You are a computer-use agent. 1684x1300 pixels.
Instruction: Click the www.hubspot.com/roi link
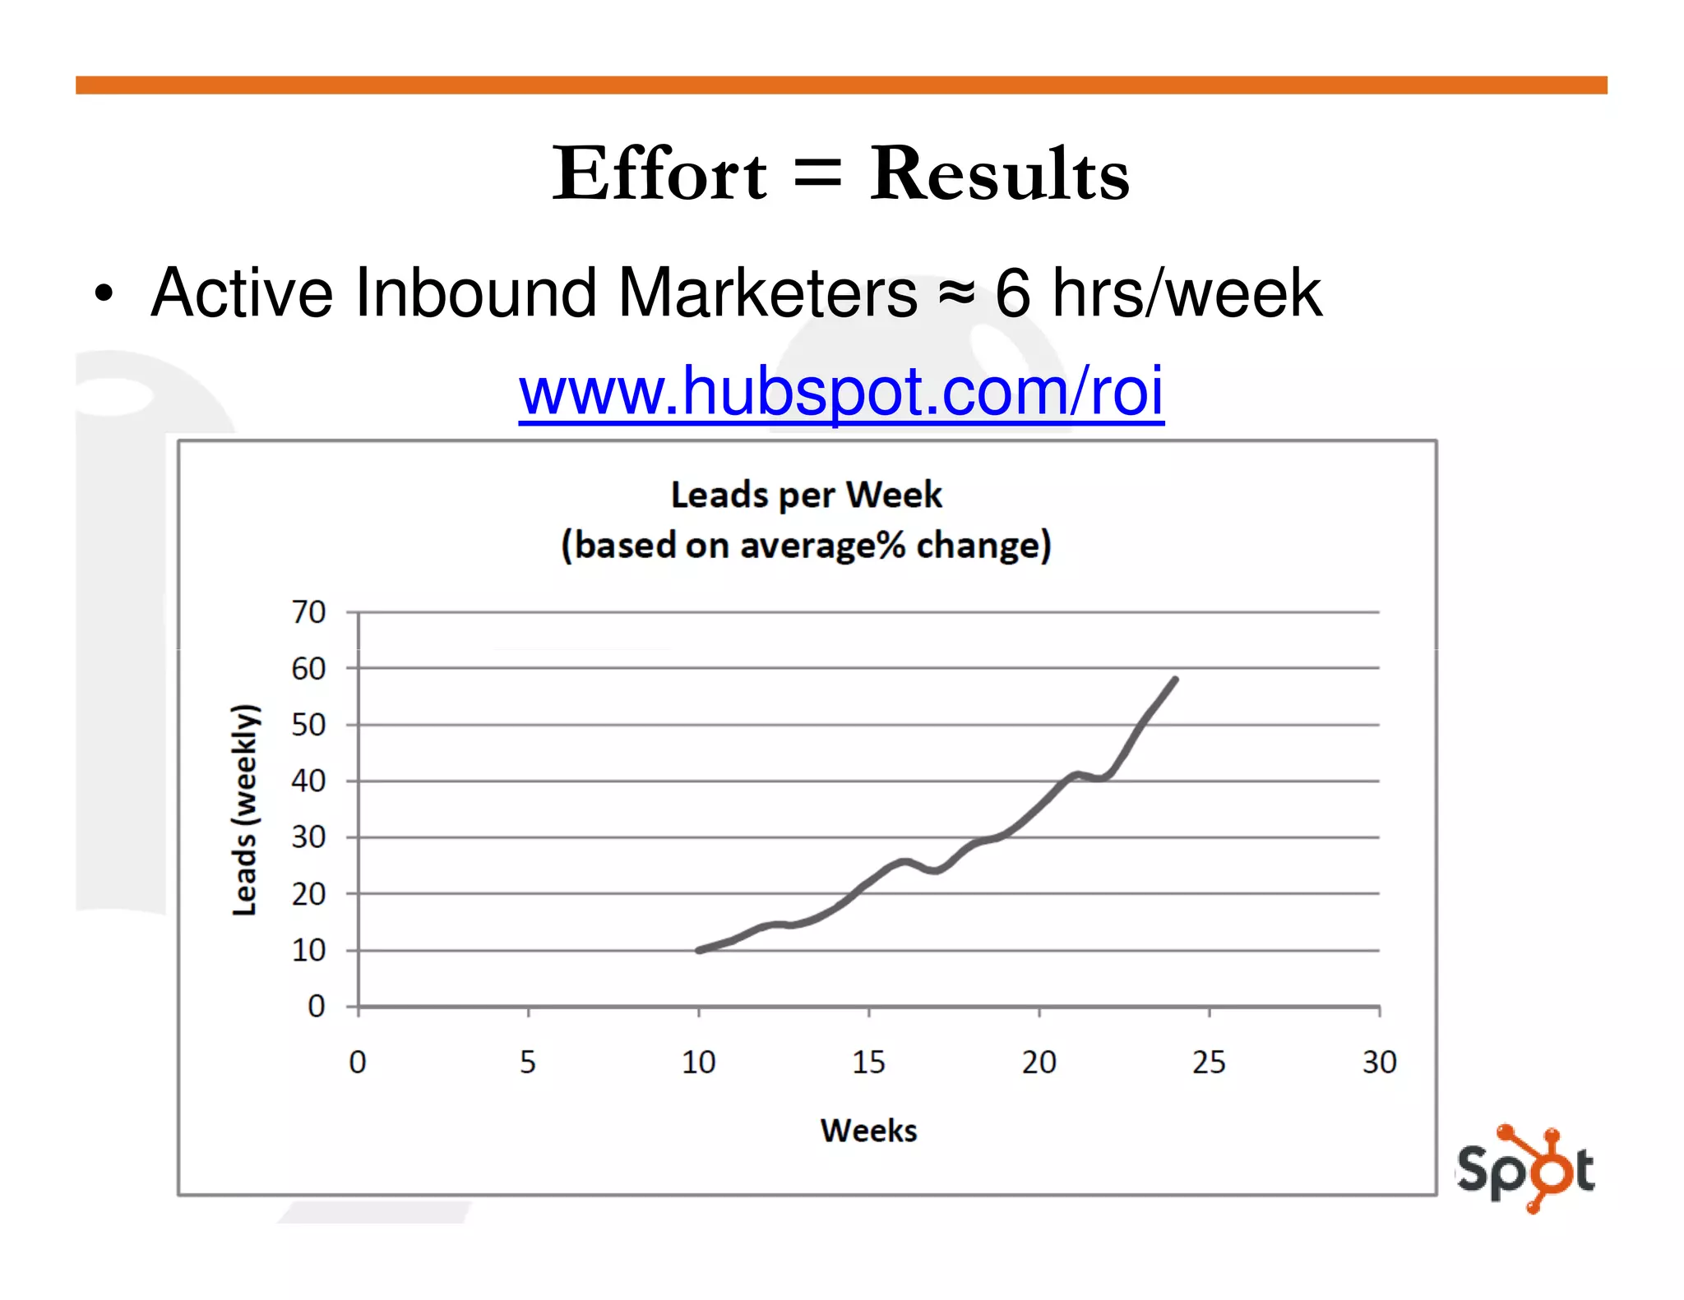point(840,392)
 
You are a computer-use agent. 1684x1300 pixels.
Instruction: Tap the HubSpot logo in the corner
point(1525,1168)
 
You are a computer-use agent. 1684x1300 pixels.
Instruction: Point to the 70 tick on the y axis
point(308,612)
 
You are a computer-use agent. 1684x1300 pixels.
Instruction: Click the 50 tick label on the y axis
point(308,725)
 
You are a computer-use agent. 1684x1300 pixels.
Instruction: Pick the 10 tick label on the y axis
point(308,951)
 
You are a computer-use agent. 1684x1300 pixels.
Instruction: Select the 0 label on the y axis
point(316,1007)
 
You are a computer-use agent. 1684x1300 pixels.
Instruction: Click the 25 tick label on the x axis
point(1209,1063)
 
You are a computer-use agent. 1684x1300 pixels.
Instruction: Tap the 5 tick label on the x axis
point(528,1063)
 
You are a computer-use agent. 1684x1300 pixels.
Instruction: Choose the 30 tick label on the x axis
point(1379,1063)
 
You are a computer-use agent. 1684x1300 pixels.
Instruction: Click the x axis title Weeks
point(868,1131)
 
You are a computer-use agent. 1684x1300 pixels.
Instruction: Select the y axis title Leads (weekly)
point(245,809)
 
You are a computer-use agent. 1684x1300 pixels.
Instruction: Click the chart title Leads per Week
point(806,495)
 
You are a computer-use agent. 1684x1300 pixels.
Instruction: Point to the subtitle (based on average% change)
point(806,545)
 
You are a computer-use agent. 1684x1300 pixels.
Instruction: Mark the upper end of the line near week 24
point(1175,680)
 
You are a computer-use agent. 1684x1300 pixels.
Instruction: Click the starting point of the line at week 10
point(699,950)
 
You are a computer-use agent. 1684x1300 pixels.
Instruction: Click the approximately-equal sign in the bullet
point(956,293)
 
